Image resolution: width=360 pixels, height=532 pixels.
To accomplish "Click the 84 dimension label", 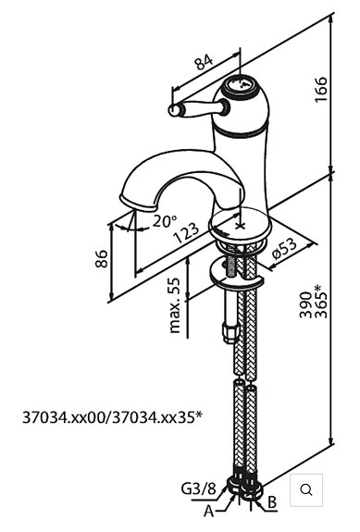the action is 204,62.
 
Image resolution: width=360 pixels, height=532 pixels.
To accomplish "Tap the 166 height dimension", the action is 321,89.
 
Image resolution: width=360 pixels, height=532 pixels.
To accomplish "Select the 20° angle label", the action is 164,221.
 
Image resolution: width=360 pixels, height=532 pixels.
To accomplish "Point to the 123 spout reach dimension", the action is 186,233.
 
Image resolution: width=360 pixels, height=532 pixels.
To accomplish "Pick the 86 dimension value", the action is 102,259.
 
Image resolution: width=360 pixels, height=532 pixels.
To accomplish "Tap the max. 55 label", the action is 174,305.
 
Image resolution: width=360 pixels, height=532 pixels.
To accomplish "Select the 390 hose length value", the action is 306,304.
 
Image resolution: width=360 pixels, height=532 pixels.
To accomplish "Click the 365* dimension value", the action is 321,302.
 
